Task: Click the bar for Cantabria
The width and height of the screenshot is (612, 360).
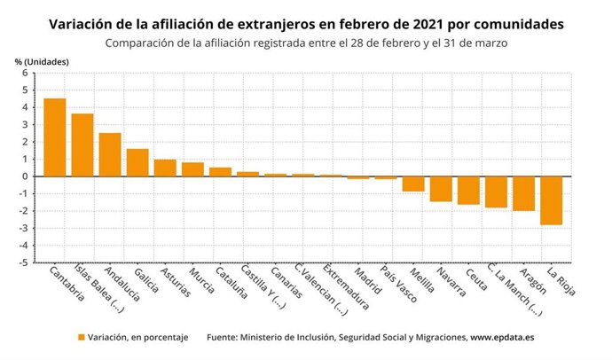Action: point(55,137)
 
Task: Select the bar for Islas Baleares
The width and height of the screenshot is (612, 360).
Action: point(82,145)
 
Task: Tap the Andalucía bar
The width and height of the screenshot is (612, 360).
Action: point(110,154)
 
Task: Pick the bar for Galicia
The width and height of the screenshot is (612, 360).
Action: point(137,162)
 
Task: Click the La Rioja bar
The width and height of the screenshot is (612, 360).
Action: point(551,200)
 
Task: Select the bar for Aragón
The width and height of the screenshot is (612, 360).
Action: point(523,193)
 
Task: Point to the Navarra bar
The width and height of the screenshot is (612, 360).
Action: point(441,189)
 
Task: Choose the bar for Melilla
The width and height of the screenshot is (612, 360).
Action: point(413,184)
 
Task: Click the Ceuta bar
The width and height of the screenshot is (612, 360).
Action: point(468,191)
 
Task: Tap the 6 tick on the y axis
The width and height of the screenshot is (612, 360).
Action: point(26,73)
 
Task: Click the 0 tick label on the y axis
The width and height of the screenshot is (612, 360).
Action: point(26,176)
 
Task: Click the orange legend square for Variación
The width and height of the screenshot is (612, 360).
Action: point(81,338)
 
